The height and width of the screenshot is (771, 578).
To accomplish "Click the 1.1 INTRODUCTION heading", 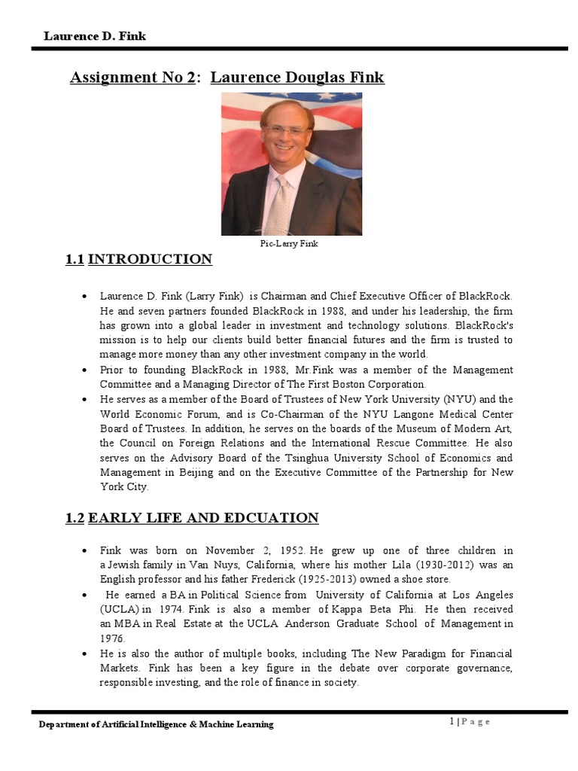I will point(139,260).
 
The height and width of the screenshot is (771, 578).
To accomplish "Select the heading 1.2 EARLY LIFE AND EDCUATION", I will point(192,518).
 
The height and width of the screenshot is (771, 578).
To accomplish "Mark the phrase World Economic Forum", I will point(148,414).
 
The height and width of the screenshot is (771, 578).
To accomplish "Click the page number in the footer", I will point(452,722).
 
